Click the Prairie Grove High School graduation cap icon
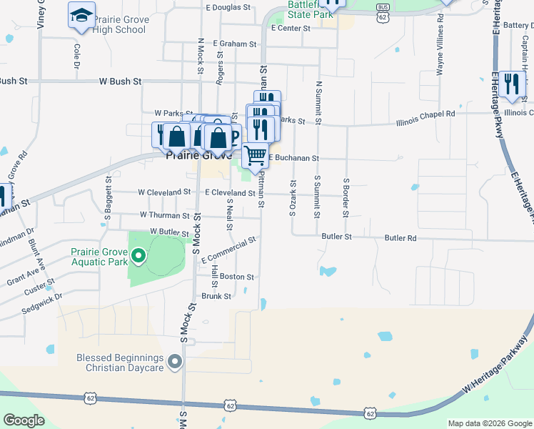[82, 14]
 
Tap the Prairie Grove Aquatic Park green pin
[138, 255]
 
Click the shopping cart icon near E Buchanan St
[255, 154]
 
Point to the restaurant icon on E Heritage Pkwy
[511, 84]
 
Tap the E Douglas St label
[228, 8]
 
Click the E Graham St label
[234, 44]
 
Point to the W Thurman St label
[165, 214]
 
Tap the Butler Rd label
[400, 237]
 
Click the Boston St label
[237, 277]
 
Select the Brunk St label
[216, 296]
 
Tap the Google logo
[24, 420]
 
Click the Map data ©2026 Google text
[489, 423]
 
